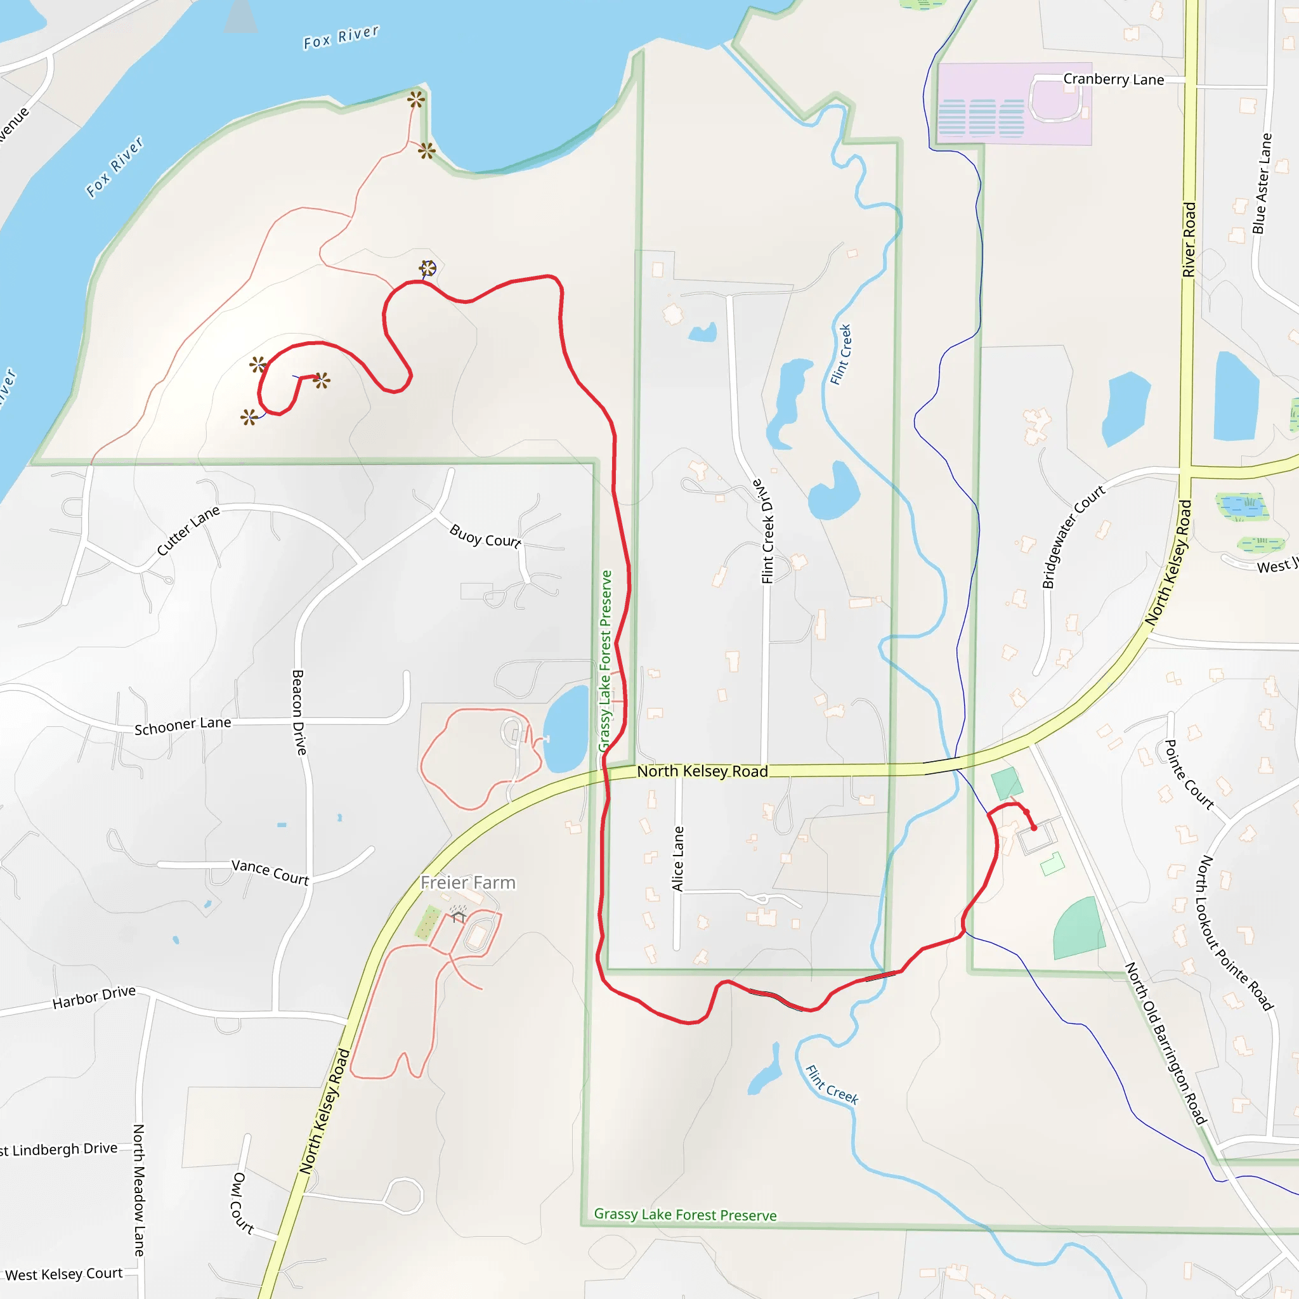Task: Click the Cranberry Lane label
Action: tap(1113, 79)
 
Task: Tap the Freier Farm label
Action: tap(468, 882)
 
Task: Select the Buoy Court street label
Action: tap(485, 536)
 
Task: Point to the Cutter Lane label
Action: tap(188, 530)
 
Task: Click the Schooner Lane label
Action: tap(183, 726)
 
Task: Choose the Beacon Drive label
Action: tap(299, 712)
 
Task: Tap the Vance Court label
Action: tap(270, 871)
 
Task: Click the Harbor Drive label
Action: tap(94, 997)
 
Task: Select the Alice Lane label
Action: tap(678, 859)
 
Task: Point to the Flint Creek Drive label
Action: tap(767, 531)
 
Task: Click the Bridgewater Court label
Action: tap(1073, 536)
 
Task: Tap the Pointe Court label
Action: tap(1189, 774)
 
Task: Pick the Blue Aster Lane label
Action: tap(1262, 183)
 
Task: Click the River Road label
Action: tap(1189, 239)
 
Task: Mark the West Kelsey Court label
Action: tap(64, 1274)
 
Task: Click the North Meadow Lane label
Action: tap(138, 1190)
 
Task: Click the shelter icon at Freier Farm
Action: tap(458, 917)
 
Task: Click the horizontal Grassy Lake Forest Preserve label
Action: tap(685, 1214)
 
